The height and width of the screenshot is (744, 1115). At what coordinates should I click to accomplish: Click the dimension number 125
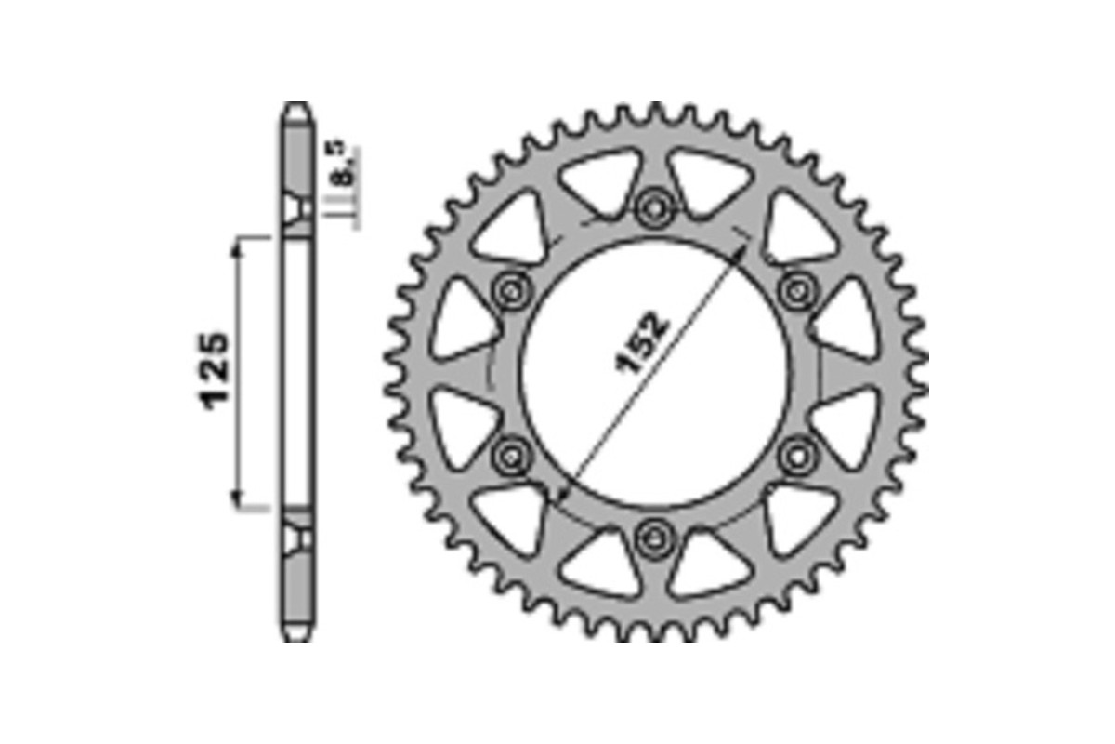pyautogui.click(x=215, y=370)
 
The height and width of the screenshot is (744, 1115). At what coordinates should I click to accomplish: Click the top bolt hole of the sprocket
pyautogui.click(x=656, y=206)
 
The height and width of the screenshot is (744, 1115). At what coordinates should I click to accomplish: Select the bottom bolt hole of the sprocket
pyautogui.click(x=656, y=537)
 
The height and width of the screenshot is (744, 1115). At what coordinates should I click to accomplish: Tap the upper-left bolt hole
pyautogui.click(x=511, y=291)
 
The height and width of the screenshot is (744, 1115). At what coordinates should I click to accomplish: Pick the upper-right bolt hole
pyautogui.click(x=797, y=291)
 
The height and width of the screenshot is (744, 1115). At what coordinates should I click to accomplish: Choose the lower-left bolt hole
pyautogui.click(x=511, y=456)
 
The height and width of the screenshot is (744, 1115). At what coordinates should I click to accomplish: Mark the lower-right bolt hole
pyautogui.click(x=797, y=456)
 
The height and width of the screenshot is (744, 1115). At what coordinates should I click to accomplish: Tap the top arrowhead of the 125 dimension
pyautogui.click(x=243, y=244)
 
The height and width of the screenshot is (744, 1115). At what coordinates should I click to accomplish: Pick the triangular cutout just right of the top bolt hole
pyautogui.click(x=708, y=182)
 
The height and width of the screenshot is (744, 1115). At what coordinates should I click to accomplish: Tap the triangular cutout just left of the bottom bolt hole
pyautogui.click(x=602, y=564)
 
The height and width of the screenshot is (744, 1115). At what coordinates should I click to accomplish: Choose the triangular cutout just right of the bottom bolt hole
pyautogui.click(x=708, y=564)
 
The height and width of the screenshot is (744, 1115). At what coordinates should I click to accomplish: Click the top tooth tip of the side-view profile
pyautogui.click(x=296, y=106)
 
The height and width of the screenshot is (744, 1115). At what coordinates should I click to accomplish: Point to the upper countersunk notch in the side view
pyautogui.click(x=297, y=208)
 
